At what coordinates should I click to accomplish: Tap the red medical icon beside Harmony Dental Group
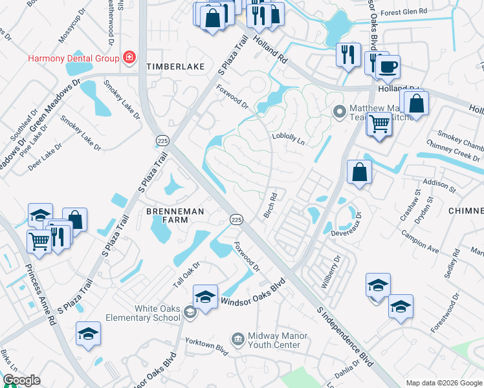[x=129, y=58]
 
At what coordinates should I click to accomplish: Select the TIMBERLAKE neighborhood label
[x=175, y=67]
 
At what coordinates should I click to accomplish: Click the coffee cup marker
[x=388, y=67]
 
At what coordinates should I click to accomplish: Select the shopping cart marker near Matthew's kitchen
[x=379, y=122]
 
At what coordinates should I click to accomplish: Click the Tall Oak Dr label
[x=188, y=272]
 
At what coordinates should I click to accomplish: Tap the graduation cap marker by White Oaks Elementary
[x=205, y=297]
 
